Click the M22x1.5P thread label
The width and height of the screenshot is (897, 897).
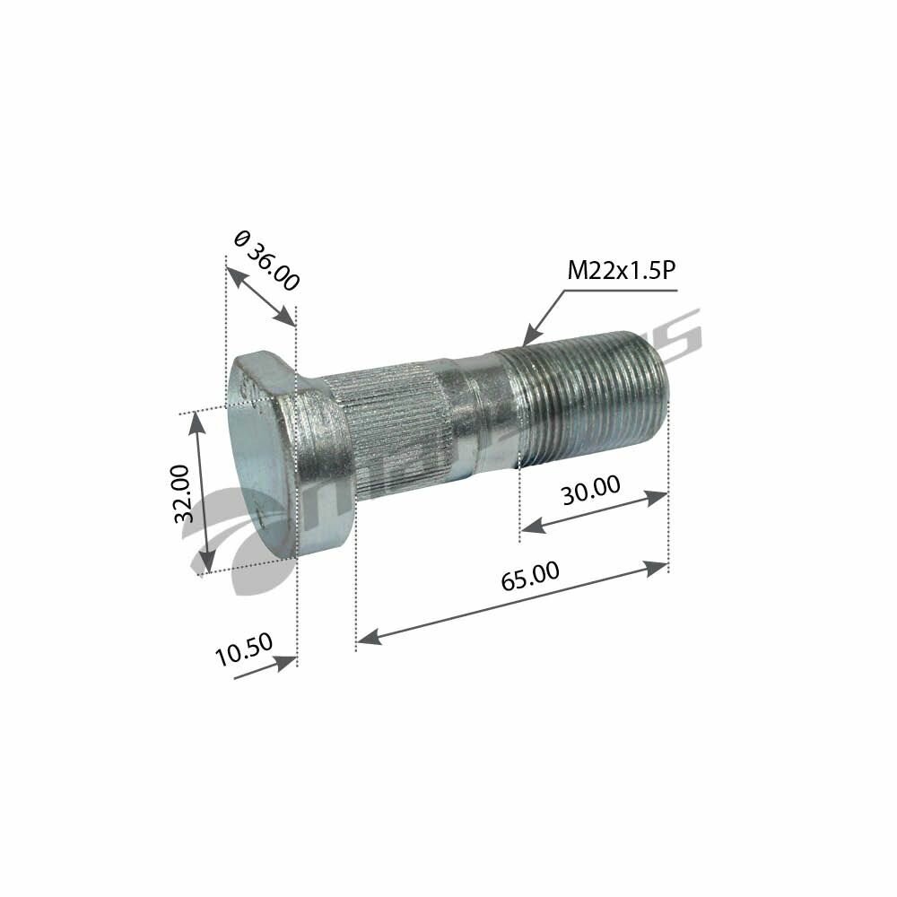[x=621, y=272]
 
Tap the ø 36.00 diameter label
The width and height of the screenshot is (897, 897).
[x=266, y=260]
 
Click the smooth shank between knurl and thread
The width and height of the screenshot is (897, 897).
[x=475, y=413]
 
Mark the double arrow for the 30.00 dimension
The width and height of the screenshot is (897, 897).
[x=594, y=512]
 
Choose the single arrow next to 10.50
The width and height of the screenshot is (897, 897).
[x=266, y=669]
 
